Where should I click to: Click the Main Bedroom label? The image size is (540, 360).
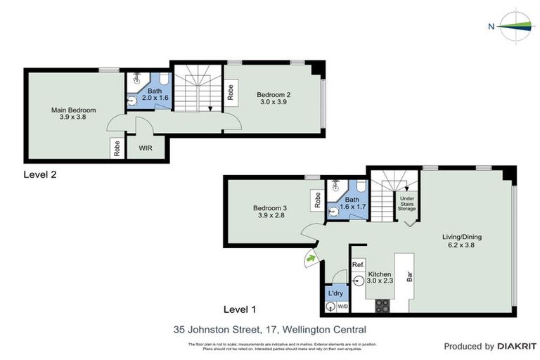(73, 114)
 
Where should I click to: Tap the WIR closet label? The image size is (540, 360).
(146, 148)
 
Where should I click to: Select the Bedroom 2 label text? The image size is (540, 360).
(273, 98)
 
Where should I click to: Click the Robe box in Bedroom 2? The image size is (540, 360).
(230, 93)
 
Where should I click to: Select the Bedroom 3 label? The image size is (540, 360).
(270, 212)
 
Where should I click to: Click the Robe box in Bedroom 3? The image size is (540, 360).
(318, 201)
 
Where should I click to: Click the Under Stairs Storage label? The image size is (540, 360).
(407, 203)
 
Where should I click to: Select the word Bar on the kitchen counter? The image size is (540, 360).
(409, 277)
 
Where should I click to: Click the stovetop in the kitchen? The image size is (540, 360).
(382, 305)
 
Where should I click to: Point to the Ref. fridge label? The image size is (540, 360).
(358, 265)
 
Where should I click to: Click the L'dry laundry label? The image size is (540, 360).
(335, 292)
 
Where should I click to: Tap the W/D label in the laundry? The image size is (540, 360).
(343, 306)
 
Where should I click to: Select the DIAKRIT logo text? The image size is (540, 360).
(517, 346)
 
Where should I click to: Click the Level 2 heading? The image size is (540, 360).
(40, 174)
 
